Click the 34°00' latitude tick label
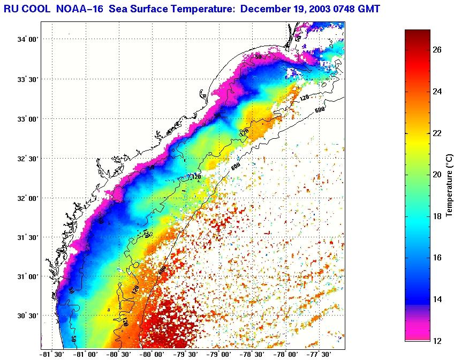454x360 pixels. click(x=28, y=40)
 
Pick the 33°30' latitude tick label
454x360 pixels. click(x=28, y=79)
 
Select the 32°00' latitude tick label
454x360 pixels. click(x=28, y=198)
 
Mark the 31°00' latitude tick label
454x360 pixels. click(x=28, y=277)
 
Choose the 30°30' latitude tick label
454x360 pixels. click(x=28, y=316)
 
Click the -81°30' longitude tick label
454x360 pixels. click(x=52, y=354)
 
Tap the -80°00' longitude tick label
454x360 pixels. click(x=153, y=354)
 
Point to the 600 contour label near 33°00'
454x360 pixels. click(x=320, y=110)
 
